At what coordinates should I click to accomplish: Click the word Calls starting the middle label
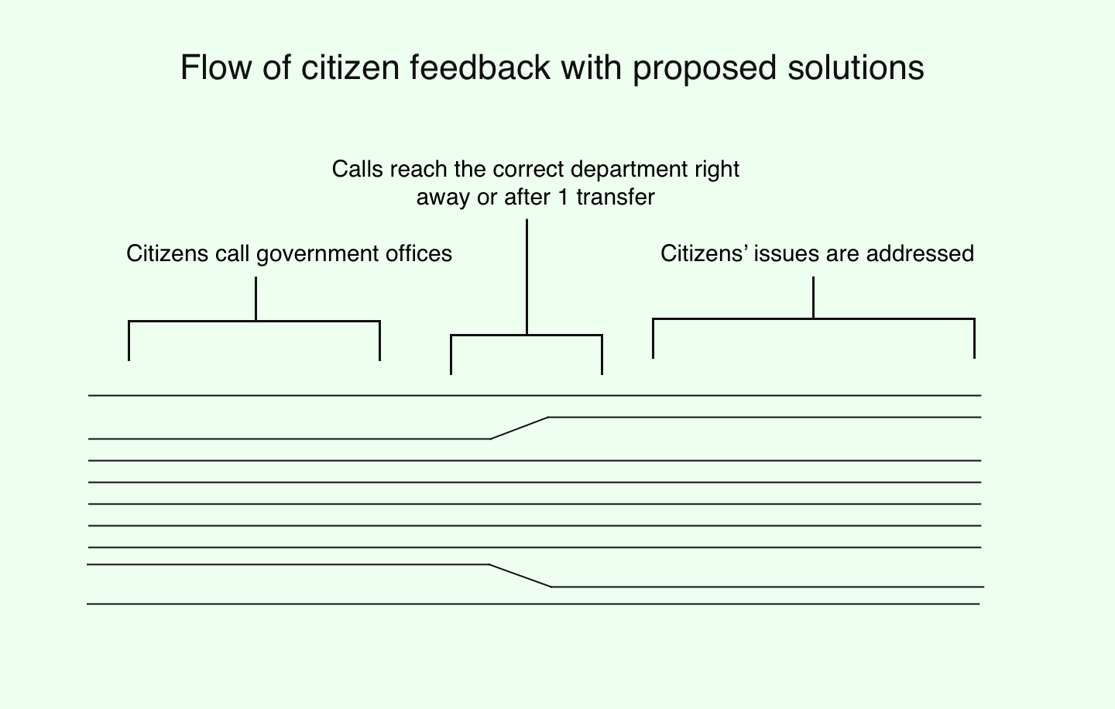358,169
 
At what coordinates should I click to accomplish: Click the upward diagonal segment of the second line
520,428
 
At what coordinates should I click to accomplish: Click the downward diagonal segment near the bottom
520,576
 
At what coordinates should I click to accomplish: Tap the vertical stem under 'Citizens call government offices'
256,298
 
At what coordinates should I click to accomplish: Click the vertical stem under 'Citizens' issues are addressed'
814,297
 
